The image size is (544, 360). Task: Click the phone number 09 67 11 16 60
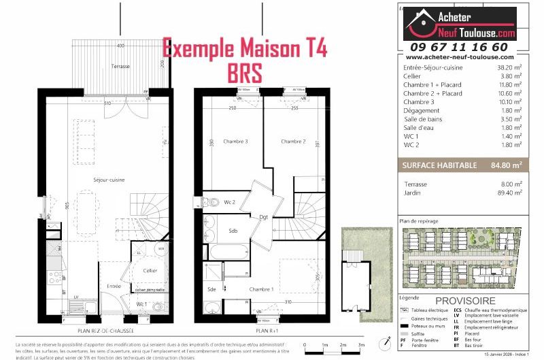coord(468,47)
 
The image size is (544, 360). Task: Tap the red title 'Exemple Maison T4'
coord(244,49)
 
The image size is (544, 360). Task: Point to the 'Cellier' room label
coord(150,270)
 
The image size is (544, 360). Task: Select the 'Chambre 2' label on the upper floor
coord(294,142)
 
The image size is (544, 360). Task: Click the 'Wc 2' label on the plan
coord(230,202)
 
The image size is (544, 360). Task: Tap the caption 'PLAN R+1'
coord(267,331)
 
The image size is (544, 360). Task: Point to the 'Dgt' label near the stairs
coord(264,217)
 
